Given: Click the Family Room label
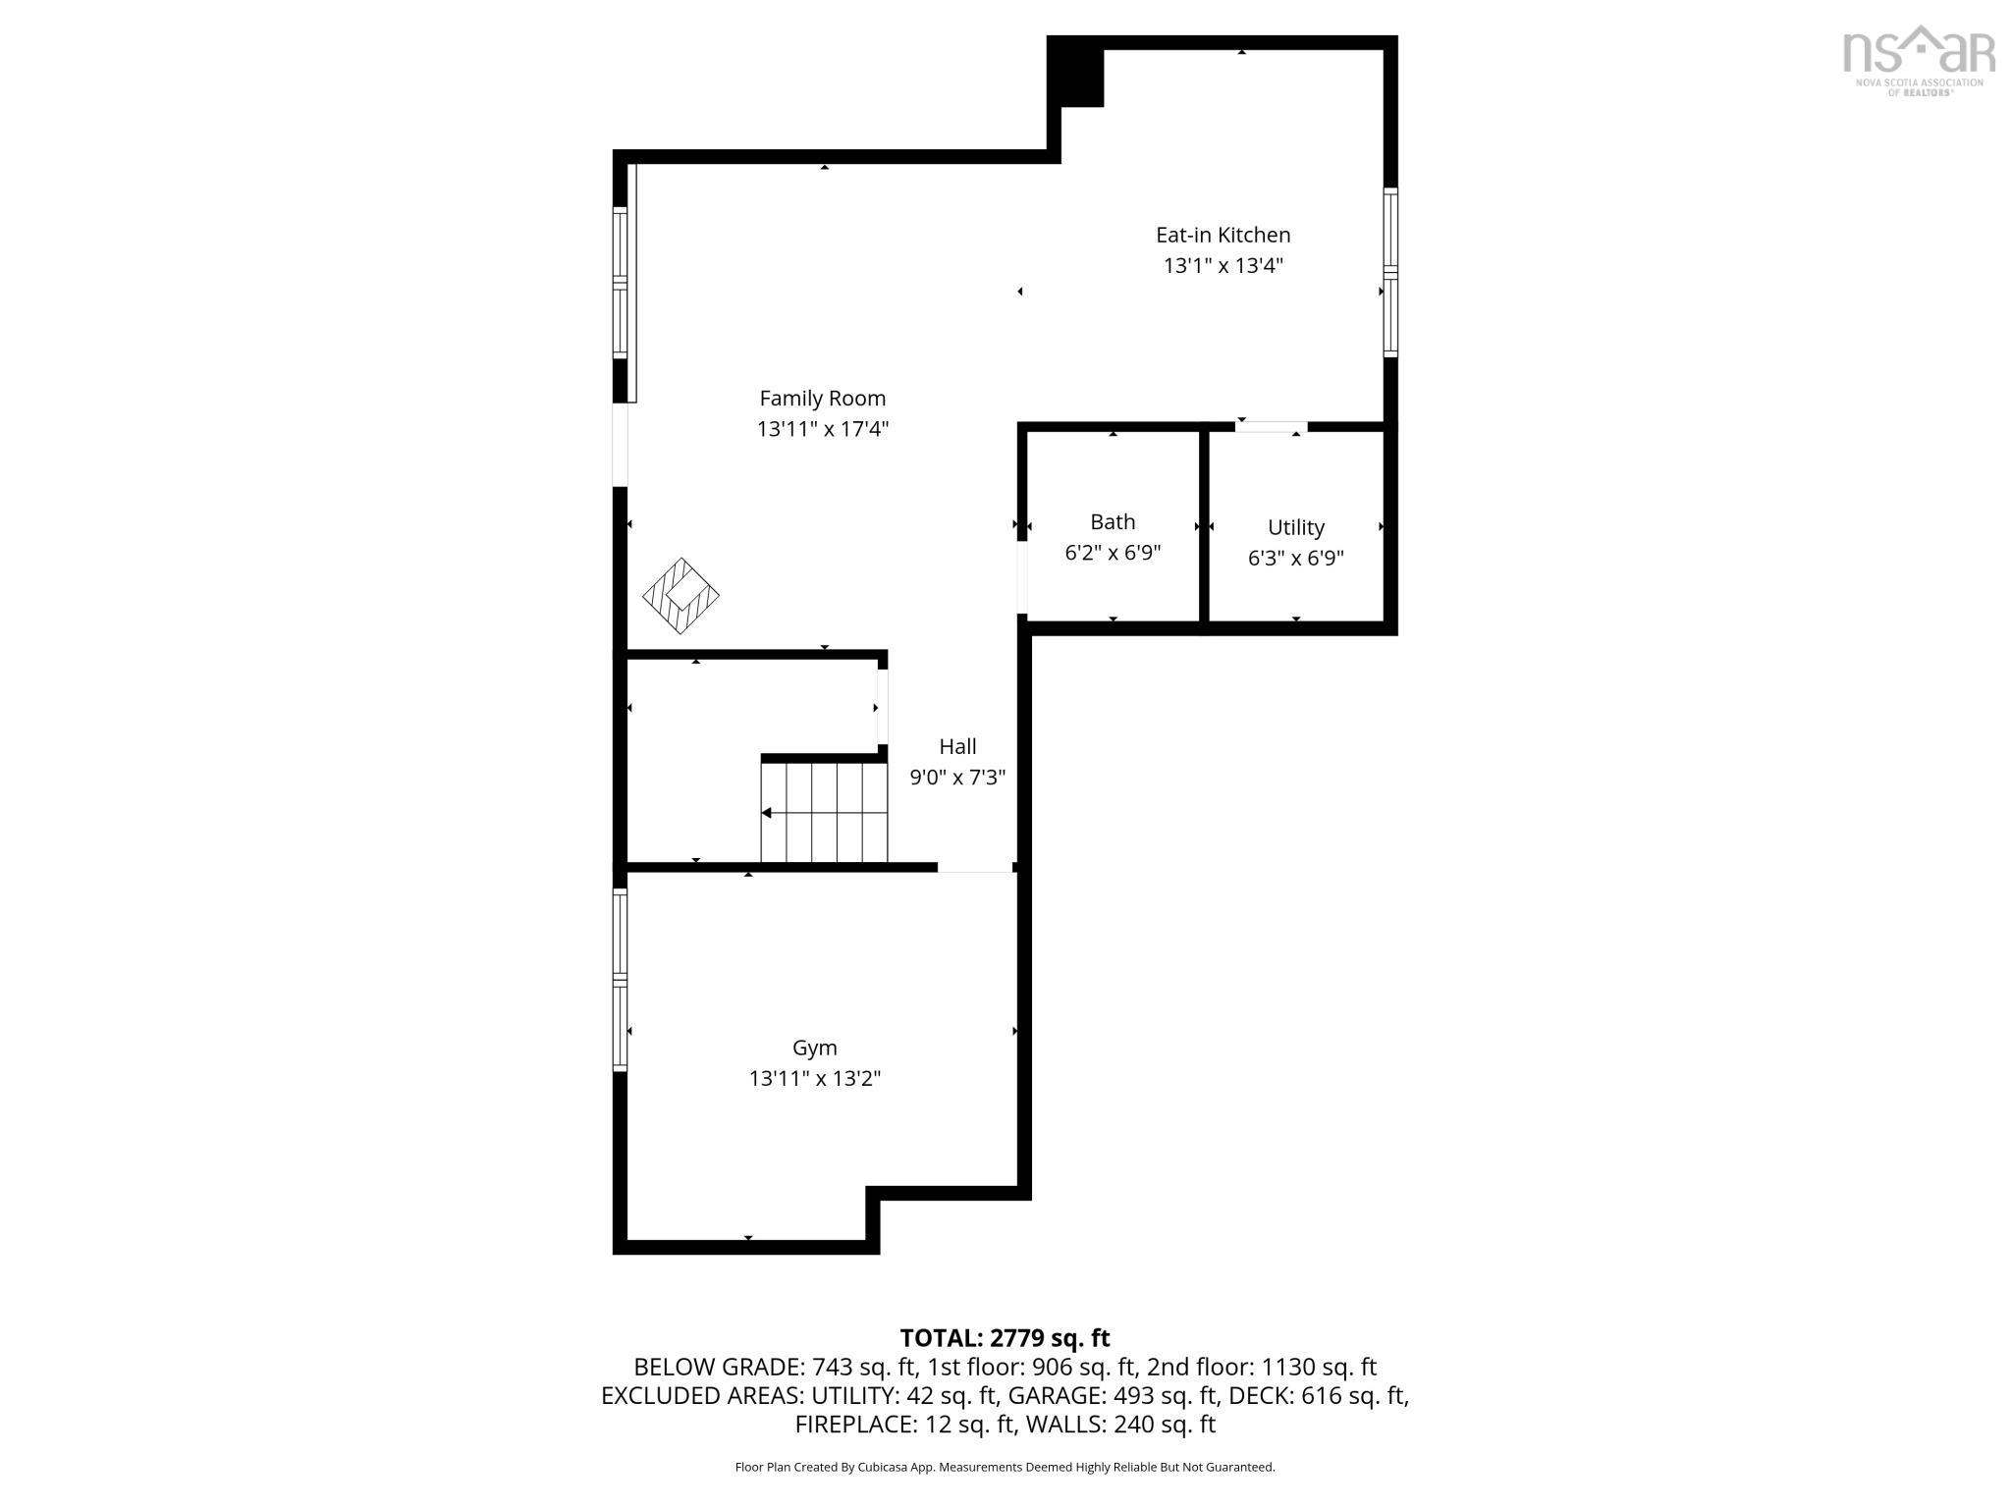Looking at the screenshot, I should coord(822,399).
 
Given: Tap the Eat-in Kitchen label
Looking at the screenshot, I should coord(1223,235).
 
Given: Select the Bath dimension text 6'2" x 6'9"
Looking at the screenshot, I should coord(1113,553).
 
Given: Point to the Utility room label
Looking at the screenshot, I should coord(1295,527).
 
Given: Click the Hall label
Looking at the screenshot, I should coord(957,746).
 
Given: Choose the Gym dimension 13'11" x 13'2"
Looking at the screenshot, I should coord(814,1078).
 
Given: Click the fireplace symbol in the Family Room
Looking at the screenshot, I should coord(680,596).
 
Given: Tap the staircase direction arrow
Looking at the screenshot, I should coord(767,813).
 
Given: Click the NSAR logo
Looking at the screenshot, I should coord(1918,60).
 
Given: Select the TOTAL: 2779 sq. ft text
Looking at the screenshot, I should coord(1005,1338).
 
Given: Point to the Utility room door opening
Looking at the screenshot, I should coord(1271,427).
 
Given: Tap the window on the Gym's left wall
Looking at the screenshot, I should coord(620,979).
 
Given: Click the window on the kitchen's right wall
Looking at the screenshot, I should coord(1390,271).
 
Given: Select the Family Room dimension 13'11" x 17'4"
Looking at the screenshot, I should coord(822,429).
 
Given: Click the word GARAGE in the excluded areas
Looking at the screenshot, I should coord(1049,1395).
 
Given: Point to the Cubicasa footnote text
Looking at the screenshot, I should coord(1005,1467).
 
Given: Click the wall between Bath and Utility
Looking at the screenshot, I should coord(1203,525).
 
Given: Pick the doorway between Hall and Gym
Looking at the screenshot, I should coord(975,868).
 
